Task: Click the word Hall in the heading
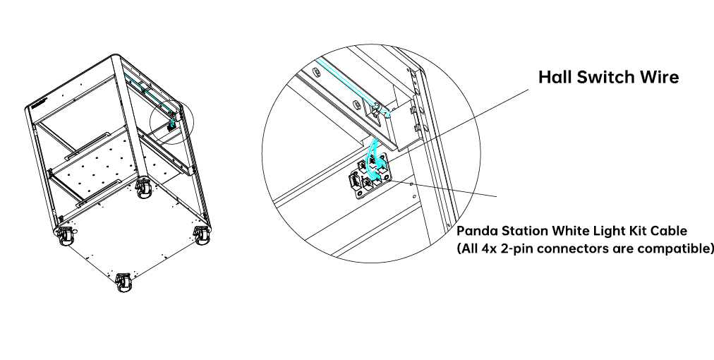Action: coord(555,77)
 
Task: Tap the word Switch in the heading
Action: coord(605,77)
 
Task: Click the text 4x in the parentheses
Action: coord(488,248)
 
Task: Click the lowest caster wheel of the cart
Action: coord(123,282)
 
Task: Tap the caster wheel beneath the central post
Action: coord(145,188)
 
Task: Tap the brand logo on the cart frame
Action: coord(40,102)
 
